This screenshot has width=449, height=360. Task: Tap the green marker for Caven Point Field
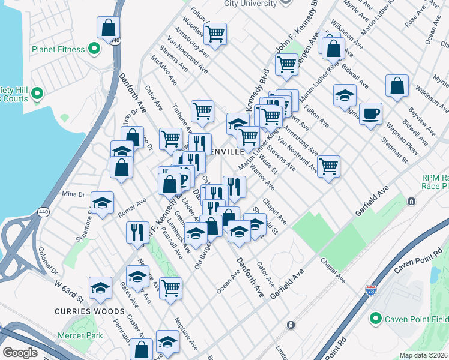(376, 318)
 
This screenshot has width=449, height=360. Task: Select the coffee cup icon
(370, 113)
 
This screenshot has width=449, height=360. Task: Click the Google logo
(20, 353)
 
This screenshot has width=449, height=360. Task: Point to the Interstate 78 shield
(371, 290)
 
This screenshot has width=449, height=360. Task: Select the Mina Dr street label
(74, 194)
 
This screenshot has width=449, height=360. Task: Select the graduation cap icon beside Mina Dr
(103, 202)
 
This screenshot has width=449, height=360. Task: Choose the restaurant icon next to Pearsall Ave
(137, 232)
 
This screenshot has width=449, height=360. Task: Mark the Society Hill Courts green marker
(36, 94)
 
